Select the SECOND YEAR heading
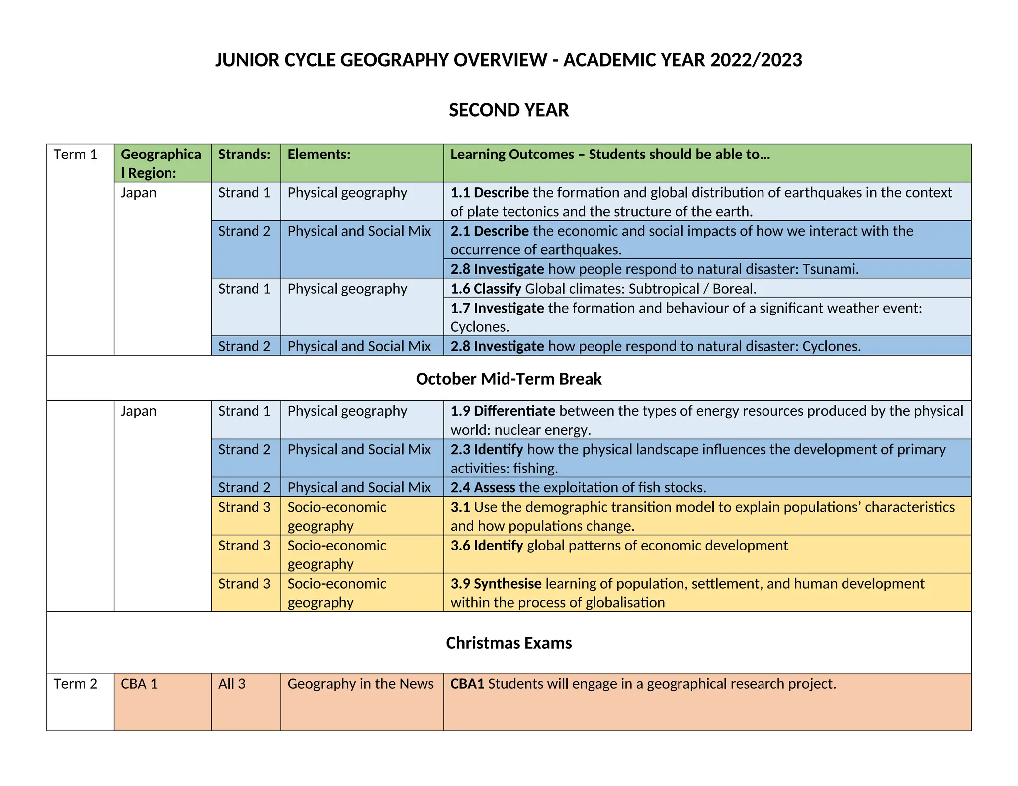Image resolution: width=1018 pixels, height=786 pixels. [x=509, y=110]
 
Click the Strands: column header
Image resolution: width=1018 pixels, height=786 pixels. [x=244, y=155]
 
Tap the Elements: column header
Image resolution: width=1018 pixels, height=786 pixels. [x=319, y=155]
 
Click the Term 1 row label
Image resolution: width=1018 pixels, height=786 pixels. [x=76, y=155]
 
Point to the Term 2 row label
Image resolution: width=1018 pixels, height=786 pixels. [x=76, y=684]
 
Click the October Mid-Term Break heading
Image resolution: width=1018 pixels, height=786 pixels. [x=509, y=379]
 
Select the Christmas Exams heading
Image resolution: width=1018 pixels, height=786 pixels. [x=509, y=643]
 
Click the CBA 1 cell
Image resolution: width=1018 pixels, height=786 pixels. [x=139, y=684]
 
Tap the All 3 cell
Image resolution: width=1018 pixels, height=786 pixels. [x=232, y=684]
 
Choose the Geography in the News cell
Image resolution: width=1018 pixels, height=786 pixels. [x=360, y=684]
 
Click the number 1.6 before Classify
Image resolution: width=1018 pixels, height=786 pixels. [x=460, y=289]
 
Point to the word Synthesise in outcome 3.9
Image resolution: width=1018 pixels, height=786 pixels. [x=508, y=584]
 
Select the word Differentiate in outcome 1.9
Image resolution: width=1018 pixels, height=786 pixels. [x=514, y=411]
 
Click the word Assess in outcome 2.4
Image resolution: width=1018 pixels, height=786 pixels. [x=494, y=488]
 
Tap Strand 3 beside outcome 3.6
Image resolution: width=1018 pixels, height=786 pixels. [x=244, y=546]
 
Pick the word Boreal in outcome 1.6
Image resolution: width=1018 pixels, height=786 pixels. [x=733, y=289]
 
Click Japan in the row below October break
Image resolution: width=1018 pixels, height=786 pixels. [x=138, y=411]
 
